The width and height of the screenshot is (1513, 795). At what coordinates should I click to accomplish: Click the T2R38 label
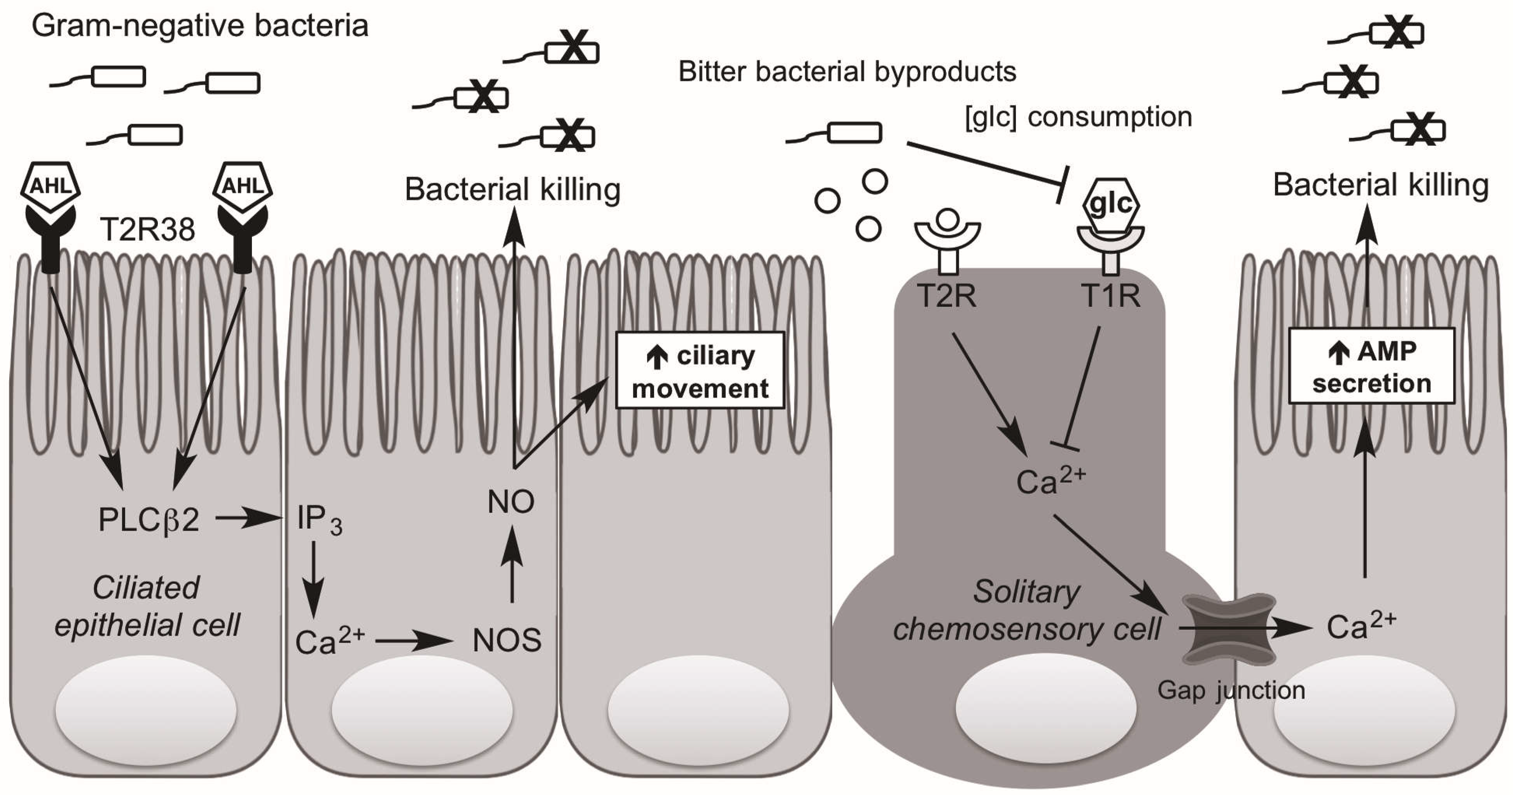point(147,229)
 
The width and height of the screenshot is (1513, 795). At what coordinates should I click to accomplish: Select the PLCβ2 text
point(149,520)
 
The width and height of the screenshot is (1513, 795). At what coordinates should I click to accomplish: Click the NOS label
point(507,640)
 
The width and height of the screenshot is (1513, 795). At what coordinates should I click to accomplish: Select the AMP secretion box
point(1372,366)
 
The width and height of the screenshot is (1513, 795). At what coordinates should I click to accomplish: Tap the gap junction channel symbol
point(1229,629)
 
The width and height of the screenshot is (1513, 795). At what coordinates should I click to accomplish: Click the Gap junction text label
point(1231,691)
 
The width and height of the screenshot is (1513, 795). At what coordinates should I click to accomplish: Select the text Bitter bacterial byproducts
point(847,72)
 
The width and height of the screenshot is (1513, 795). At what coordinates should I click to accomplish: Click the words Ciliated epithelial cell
point(147,606)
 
